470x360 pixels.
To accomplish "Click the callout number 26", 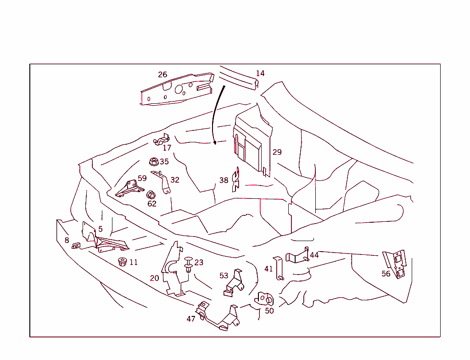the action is tap(162, 74).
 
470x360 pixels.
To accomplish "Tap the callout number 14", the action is tap(260, 73).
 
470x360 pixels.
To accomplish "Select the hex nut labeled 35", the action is tap(154, 162).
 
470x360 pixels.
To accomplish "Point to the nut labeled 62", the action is tap(151, 195).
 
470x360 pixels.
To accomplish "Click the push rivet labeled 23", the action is tap(188, 264).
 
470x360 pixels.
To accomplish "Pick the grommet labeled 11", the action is tap(122, 262).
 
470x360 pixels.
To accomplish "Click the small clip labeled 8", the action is tap(76, 246).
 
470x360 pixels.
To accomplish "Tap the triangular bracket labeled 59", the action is tap(129, 188).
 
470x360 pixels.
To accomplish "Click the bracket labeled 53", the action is tap(233, 283).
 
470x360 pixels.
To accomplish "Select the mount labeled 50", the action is tap(264, 299).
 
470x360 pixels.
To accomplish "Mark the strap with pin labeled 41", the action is tap(279, 268).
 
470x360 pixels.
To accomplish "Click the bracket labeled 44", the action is tap(297, 255).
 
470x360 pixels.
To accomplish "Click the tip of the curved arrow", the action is tap(215, 144).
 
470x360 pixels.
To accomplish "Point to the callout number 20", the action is tap(154, 278).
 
